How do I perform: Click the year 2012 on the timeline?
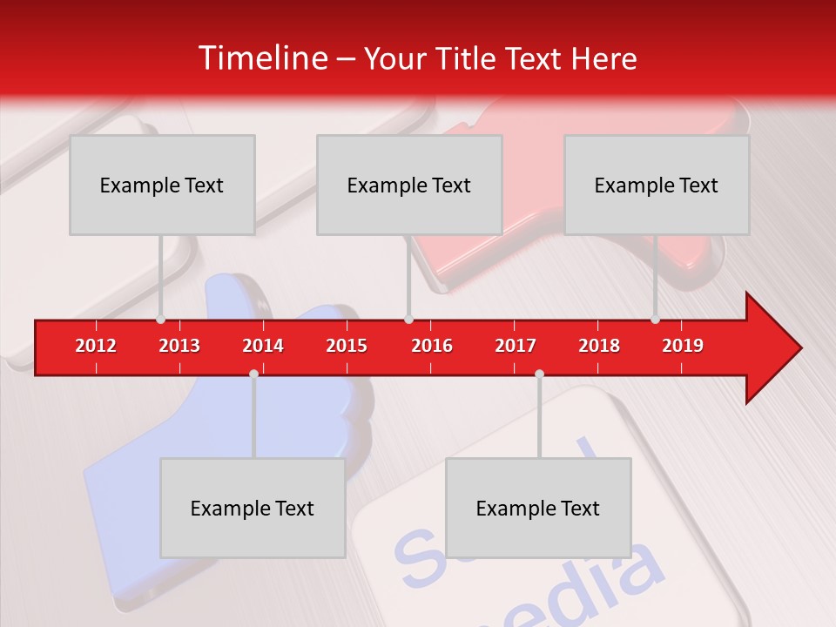(96, 346)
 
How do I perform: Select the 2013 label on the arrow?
(179, 346)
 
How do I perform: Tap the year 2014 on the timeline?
(263, 346)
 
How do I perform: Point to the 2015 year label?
(347, 346)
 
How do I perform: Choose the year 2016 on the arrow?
(432, 346)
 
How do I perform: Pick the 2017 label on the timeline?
(516, 346)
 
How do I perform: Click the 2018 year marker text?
(599, 346)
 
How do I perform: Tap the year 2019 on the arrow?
(683, 346)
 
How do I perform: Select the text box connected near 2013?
(162, 185)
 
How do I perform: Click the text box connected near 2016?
(409, 185)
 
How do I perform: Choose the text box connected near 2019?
(657, 185)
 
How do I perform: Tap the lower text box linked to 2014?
(253, 508)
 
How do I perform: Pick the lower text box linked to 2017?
(538, 508)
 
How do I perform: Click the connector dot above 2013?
(160, 320)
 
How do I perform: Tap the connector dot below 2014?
(253, 374)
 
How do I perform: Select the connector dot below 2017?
(539, 374)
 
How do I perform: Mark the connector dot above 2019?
(655, 320)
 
